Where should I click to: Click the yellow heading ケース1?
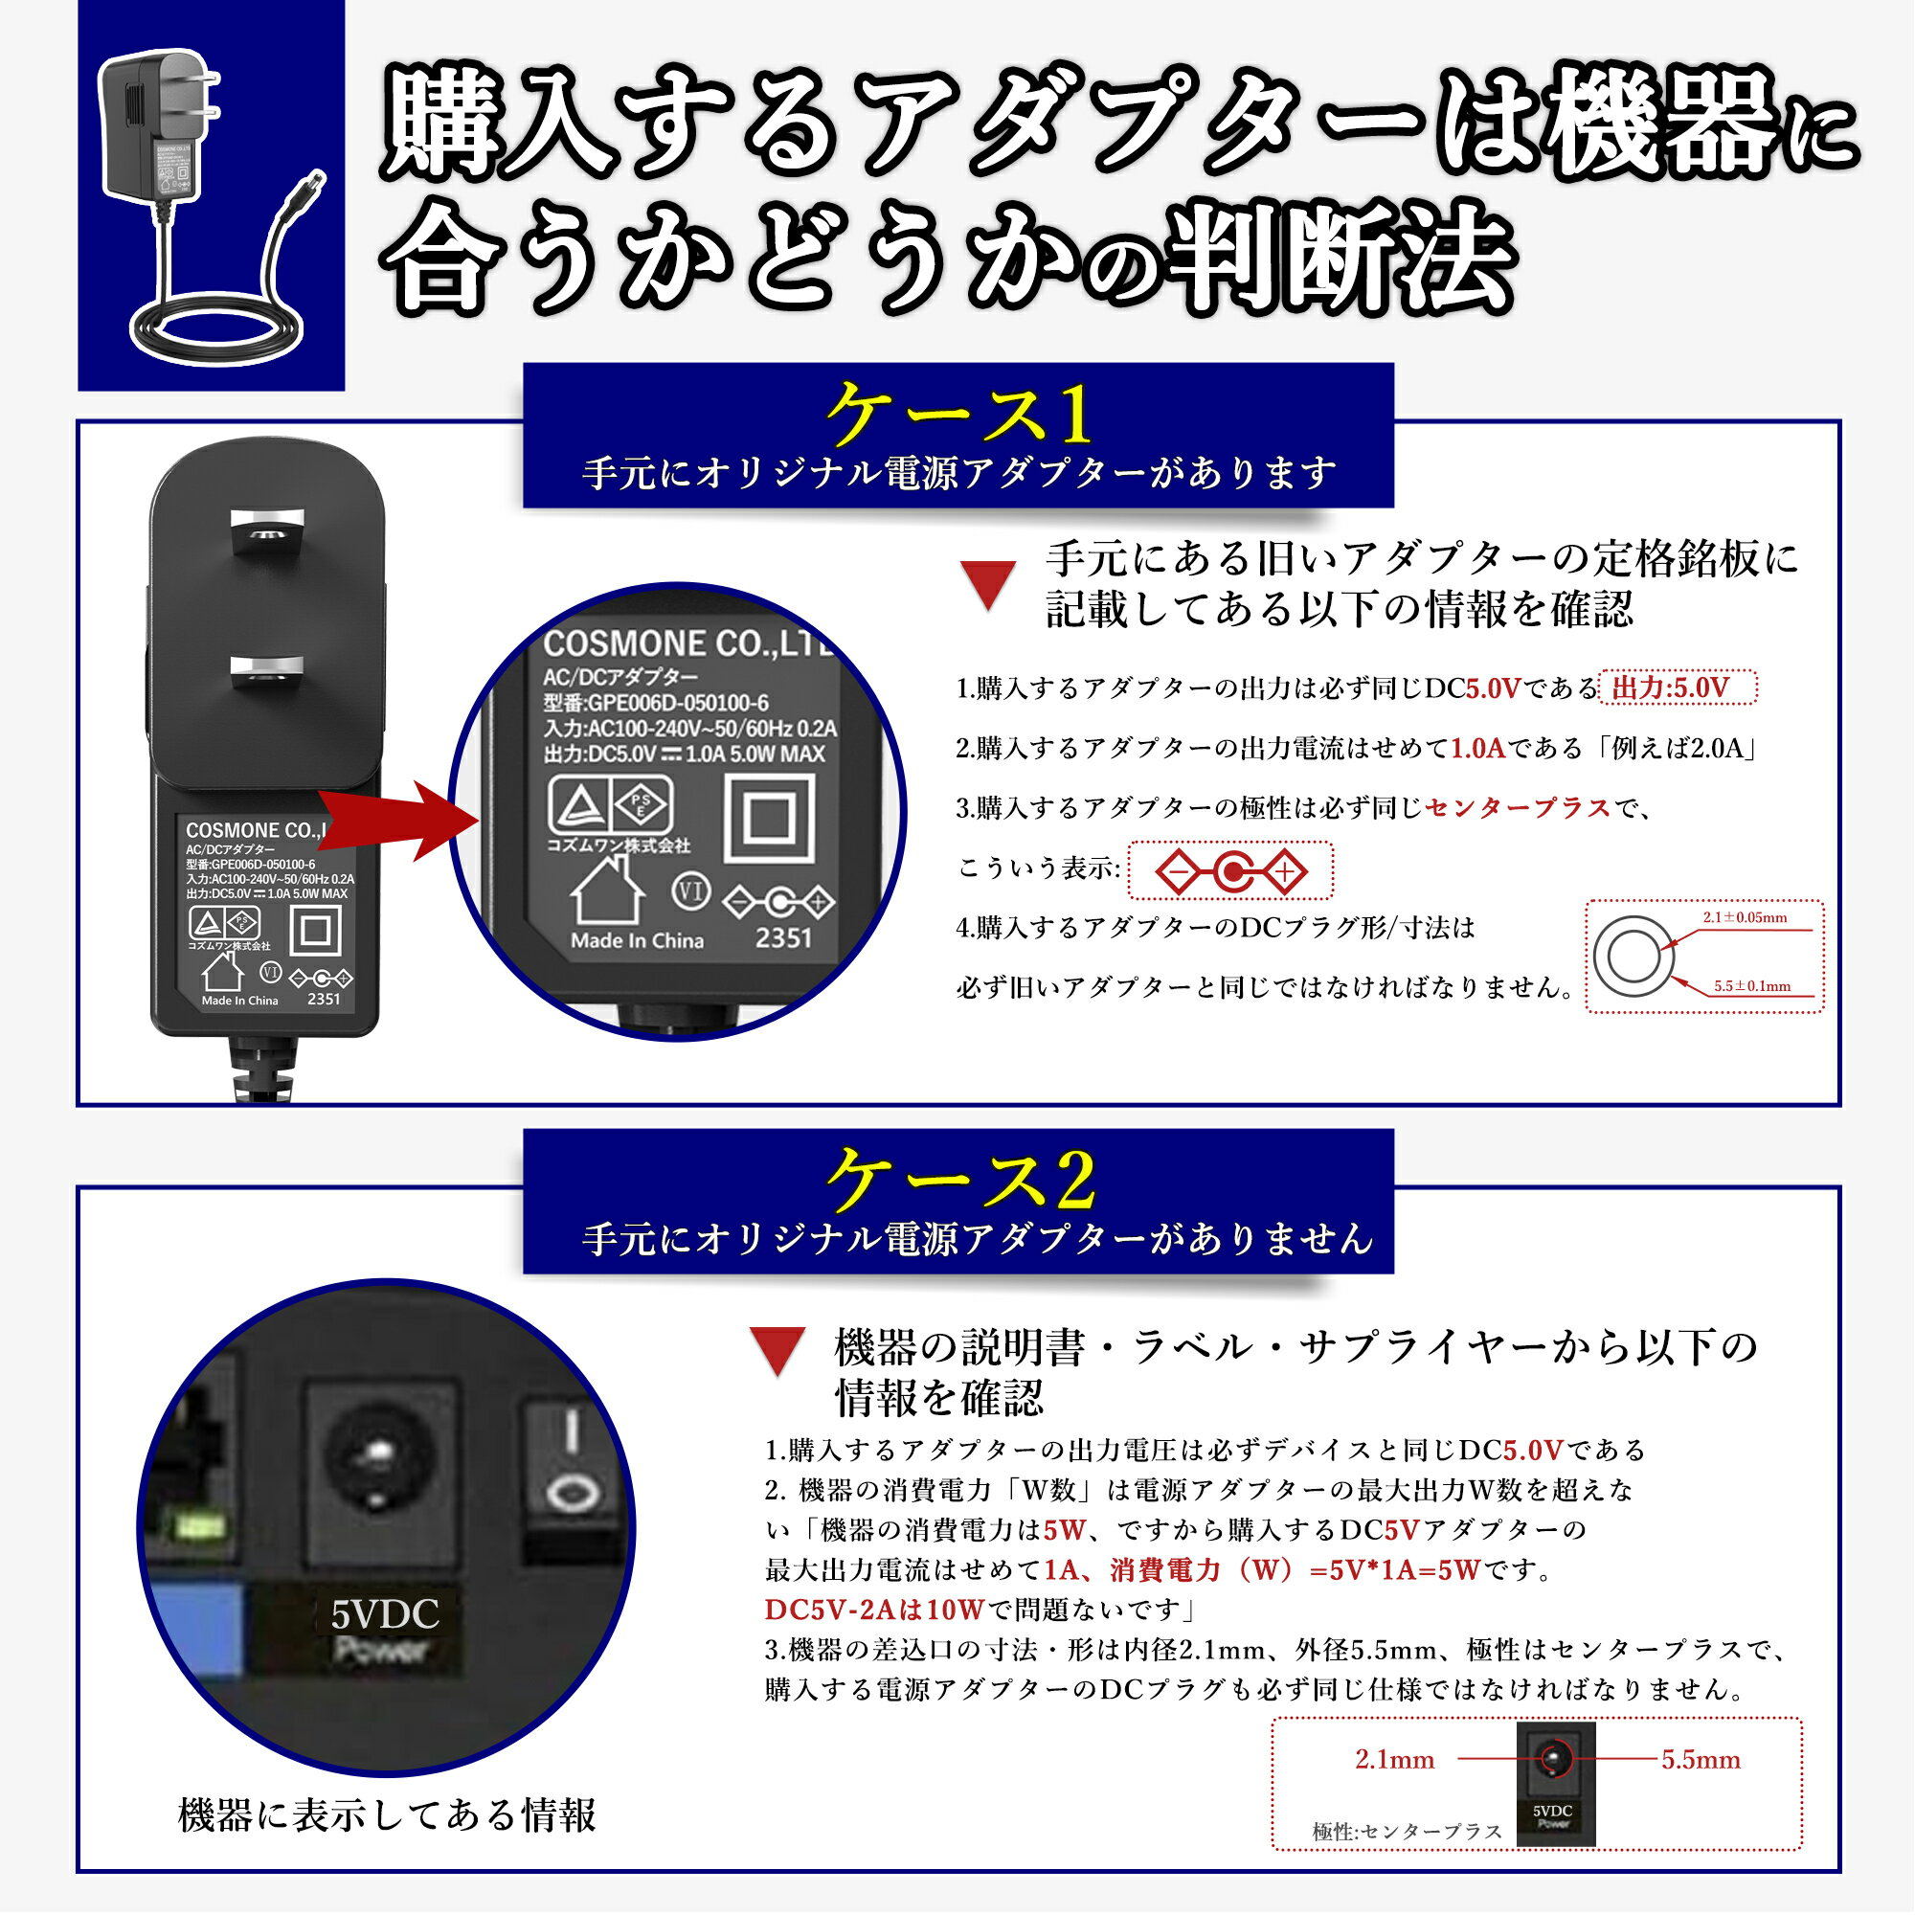[x=959, y=416]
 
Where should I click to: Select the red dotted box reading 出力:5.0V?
[x=1678, y=687]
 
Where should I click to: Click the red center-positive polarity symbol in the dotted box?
[x=1231, y=872]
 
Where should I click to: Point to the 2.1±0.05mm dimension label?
[x=1745, y=918]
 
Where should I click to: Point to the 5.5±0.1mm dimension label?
[x=1752, y=986]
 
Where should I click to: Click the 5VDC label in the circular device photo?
[x=385, y=1614]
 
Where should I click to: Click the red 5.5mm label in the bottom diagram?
[x=1701, y=1759]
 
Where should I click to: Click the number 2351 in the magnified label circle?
[x=783, y=936]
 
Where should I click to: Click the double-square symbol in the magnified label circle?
[x=769, y=818]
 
